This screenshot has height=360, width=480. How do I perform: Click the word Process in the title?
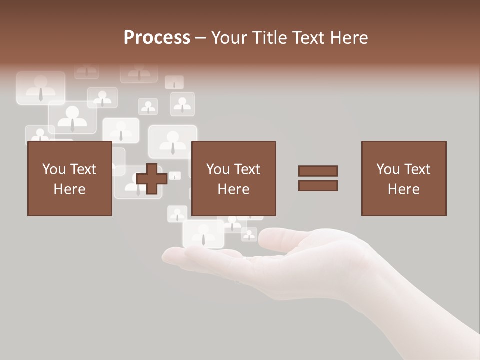157,38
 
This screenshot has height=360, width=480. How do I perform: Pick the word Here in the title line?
349,38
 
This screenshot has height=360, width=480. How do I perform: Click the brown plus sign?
151,179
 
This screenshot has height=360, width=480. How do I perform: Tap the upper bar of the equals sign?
318,171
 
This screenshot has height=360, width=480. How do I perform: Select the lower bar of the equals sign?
318,186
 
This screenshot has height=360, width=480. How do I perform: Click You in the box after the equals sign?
388,169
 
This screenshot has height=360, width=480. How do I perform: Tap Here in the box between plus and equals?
233,189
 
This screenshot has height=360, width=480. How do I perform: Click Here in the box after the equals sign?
403,189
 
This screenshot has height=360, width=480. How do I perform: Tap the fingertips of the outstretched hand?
172,256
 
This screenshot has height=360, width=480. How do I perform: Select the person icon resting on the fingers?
203,233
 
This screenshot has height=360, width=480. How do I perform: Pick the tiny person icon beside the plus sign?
174,176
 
